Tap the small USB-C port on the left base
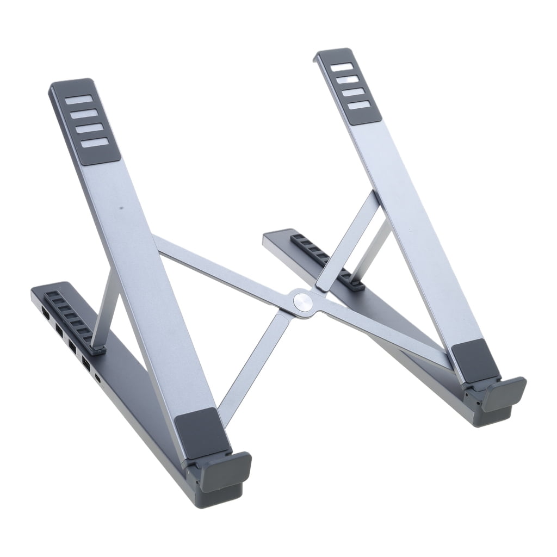pyautogui.click(x=97, y=377)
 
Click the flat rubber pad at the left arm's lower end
pyautogui.click(x=198, y=428)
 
